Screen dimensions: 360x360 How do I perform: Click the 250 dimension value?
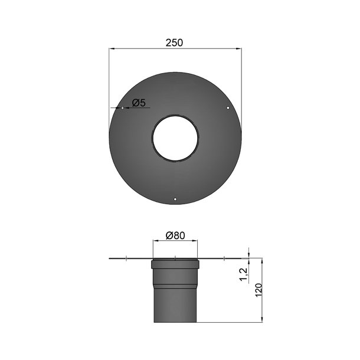point(175,42)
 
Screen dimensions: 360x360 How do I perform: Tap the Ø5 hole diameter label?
point(139,103)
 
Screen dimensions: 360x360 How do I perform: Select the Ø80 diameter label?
point(175,235)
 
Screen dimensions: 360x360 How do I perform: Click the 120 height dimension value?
point(257,290)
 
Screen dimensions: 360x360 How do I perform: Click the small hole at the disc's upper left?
point(122,108)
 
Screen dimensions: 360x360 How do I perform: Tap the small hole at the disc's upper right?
point(229,108)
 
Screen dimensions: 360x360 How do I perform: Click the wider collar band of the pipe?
point(175,264)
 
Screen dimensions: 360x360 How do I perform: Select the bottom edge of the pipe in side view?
point(175,322)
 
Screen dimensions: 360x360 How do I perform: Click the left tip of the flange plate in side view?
point(110,258)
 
